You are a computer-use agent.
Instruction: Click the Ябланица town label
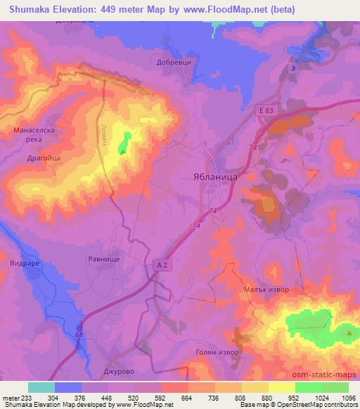coord(215,178)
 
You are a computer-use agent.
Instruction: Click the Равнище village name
coord(105,258)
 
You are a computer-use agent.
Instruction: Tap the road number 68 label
coord(79,335)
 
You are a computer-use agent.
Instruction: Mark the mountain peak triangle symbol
coord(349,332)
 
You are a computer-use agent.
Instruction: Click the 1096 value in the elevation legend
coord(347,397)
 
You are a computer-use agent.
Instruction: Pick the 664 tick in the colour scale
coord(186,397)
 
